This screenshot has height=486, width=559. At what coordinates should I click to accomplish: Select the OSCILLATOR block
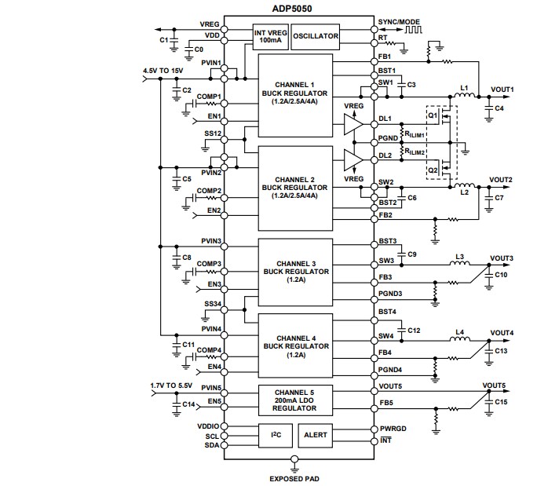(x=316, y=36)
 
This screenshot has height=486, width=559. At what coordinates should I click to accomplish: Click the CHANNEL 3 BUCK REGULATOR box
(x=293, y=270)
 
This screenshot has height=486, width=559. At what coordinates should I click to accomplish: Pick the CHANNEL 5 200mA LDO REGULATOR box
(x=293, y=396)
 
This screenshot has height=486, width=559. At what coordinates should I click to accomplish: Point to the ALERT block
(x=316, y=433)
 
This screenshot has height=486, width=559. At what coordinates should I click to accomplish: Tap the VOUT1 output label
(x=502, y=90)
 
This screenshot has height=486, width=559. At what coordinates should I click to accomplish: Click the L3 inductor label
(x=459, y=257)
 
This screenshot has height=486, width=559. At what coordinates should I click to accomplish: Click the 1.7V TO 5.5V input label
(x=170, y=386)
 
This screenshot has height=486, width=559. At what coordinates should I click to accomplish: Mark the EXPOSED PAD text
(x=295, y=477)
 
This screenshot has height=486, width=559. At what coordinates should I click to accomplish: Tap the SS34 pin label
(x=213, y=304)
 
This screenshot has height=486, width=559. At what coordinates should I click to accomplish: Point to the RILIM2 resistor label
(x=415, y=152)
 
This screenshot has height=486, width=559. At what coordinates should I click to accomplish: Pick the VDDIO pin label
(x=210, y=426)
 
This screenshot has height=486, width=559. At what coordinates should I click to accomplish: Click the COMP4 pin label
(x=209, y=350)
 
